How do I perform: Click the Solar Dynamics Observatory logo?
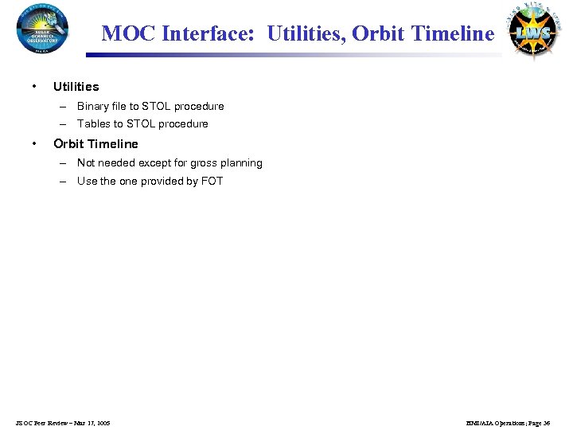pyautogui.click(x=42, y=28)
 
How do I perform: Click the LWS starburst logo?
pyautogui.click(x=534, y=30)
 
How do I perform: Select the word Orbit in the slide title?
pyautogui.click(x=377, y=33)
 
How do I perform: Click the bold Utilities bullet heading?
pyautogui.click(x=76, y=86)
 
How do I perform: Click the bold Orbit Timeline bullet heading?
pyautogui.click(x=95, y=144)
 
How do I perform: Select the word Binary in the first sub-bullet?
pyautogui.click(x=93, y=107)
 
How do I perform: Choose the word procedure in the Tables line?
pyautogui.click(x=183, y=124)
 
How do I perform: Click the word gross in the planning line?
pyautogui.click(x=205, y=163)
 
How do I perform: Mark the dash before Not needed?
pyautogui.click(x=62, y=163)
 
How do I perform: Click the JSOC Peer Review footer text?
pyautogui.click(x=63, y=422)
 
